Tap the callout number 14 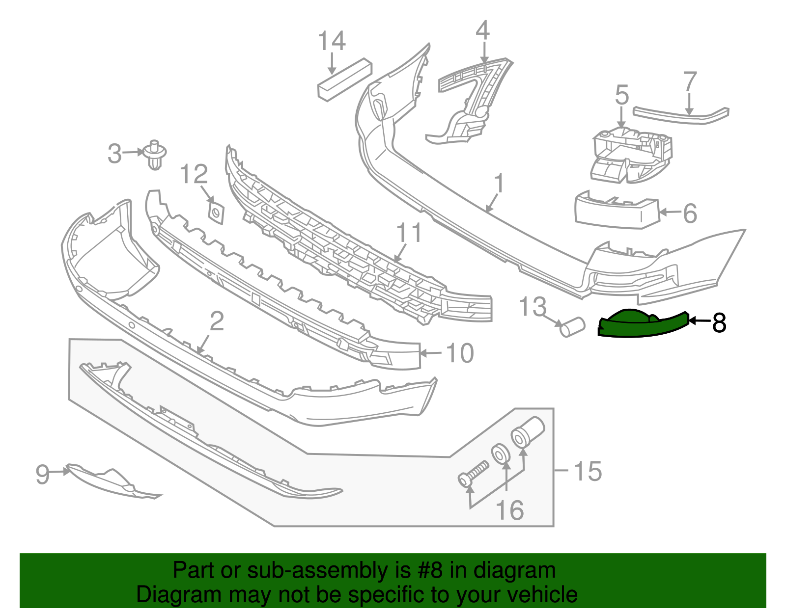(332, 41)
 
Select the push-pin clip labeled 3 (156, 155)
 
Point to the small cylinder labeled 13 (572, 327)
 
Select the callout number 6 (690, 213)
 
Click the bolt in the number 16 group (474, 474)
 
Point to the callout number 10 (459, 353)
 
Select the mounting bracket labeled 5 (631, 155)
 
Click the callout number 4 (482, 30)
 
